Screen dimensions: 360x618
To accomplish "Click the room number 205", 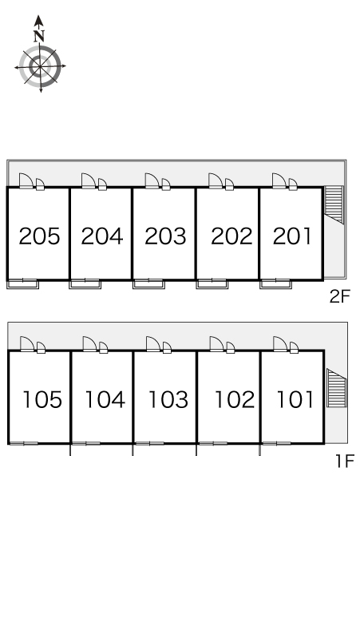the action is pos(39,236).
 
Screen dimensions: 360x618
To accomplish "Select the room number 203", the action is pos(165,236).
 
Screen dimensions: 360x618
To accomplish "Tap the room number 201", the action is pos(292,236).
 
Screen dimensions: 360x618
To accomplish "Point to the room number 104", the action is pos(105,399).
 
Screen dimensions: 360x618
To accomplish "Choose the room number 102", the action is pos(235,399).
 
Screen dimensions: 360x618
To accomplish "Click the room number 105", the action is pos(42,399).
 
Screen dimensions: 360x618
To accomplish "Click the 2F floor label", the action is pos(339,296).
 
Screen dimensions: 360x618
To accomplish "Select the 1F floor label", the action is pos(345,461).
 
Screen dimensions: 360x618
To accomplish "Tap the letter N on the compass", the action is pos(38,36).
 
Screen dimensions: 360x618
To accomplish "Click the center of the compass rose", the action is pos(40,67).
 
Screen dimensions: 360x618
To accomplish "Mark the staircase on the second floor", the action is pos(334,205).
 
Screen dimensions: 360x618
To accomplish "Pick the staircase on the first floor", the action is pos(336,388).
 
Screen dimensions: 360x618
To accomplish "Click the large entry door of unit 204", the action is pos(89,181).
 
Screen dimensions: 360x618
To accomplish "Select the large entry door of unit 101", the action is pos(280,344).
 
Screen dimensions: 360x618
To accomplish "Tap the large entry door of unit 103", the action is pos(152,344).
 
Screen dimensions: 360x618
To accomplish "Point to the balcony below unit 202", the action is pos(212,283).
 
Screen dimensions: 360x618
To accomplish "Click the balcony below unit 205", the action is pos(22,283).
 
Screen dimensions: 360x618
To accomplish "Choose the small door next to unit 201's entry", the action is pos(293,184).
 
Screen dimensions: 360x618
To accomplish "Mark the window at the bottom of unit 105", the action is pos(24,443).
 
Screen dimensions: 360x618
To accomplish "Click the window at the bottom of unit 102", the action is pos(213,443).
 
